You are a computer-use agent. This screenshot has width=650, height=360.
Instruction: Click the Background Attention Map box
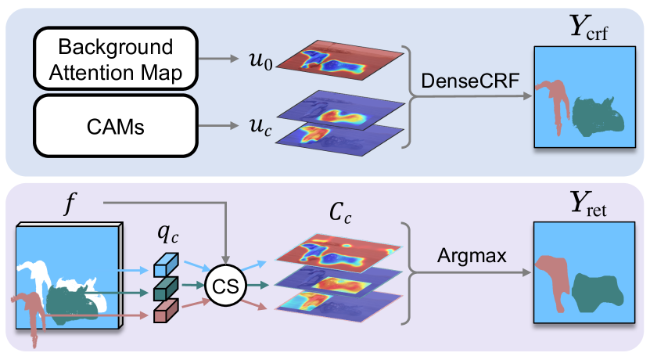116,59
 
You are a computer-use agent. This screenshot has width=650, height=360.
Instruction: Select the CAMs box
116,126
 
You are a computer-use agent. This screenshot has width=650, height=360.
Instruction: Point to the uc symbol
260,127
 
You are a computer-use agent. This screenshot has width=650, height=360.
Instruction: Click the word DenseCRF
470,81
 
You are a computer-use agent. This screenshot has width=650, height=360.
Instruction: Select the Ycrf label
589,27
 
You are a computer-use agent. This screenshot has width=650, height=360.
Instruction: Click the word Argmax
472,255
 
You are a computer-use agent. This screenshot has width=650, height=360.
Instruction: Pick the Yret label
588,204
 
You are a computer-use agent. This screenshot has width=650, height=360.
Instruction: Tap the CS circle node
225,286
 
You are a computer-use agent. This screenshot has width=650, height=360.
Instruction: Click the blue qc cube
166,265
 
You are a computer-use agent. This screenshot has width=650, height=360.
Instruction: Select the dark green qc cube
166,288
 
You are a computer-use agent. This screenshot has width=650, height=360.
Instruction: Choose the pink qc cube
166,311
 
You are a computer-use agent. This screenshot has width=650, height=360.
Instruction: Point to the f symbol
70,204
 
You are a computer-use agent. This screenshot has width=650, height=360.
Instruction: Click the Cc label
340,213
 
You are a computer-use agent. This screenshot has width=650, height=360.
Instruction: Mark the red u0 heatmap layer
339,60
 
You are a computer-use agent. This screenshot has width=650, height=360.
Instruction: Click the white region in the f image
38,275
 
